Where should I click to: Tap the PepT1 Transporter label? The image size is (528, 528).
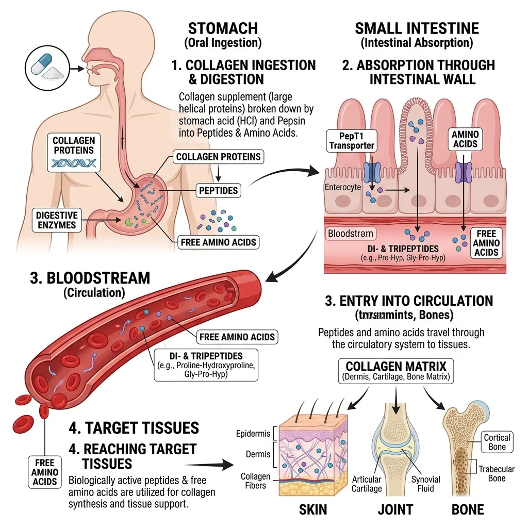tap(351, 140)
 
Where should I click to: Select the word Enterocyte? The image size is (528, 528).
tap(343, 188)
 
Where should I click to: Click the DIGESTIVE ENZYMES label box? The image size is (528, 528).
tap(56, 219)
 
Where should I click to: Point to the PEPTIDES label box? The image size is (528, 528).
tap(219, 191)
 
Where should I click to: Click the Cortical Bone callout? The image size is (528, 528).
tap(497, 442)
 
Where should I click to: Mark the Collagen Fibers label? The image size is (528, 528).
tap(255, 481)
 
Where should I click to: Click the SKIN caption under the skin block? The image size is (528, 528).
tap(313, 510)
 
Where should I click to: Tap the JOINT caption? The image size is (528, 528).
tap(395, 510)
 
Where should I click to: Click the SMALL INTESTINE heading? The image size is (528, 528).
tap(417, 28)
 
